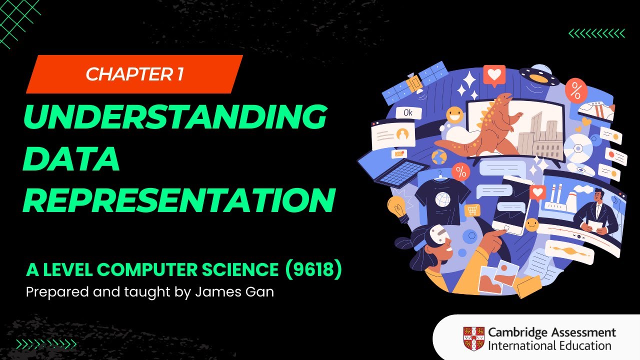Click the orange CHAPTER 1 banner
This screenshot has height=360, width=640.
pyautogui.click(x=134, y=74)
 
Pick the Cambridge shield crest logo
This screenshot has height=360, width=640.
pyautogui.click(x=473, y=338)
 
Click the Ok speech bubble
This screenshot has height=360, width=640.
pyautogui.click(x=408, y=112)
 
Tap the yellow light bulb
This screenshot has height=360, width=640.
pyautogui.click(x=396, y=206)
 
